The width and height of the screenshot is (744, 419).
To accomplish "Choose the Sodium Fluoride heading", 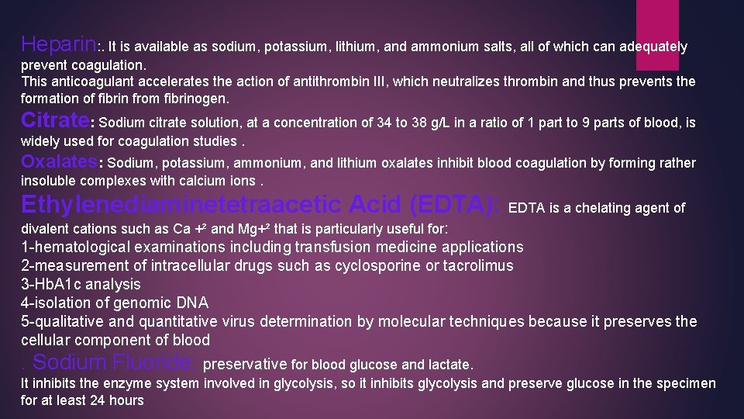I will pos(115,362).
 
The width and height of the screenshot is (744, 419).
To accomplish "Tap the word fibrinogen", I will pos(199,99).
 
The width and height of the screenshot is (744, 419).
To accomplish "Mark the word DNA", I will pos(193,303).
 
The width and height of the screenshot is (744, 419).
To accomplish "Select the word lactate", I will pos(449,364).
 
